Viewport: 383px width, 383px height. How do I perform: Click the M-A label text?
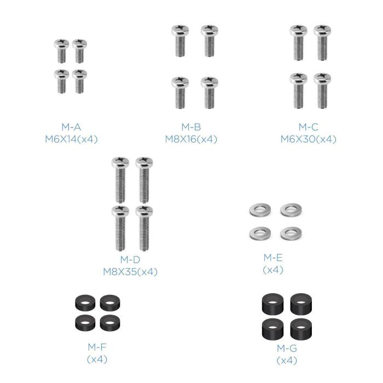click(71, 127)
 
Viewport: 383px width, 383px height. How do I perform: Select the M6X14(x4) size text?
click(71, 139)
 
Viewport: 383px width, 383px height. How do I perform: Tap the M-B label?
click(191, 127)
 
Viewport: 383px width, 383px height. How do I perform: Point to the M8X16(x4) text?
click(191, 139)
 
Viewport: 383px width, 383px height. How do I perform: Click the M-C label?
click(308, 127)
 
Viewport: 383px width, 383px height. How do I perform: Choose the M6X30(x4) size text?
click(308, 139)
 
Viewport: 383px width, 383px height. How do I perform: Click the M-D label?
click(130, 259)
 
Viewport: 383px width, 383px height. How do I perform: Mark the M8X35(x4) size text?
click(130, 271)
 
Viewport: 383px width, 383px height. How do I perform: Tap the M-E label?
click(273, 257)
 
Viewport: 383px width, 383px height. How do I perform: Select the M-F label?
click(97, 347)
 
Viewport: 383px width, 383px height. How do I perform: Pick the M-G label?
click(286, 348)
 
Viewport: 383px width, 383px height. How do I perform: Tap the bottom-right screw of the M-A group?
click(80, 81)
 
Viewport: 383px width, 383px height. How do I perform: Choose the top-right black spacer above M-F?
click(112, 302)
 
